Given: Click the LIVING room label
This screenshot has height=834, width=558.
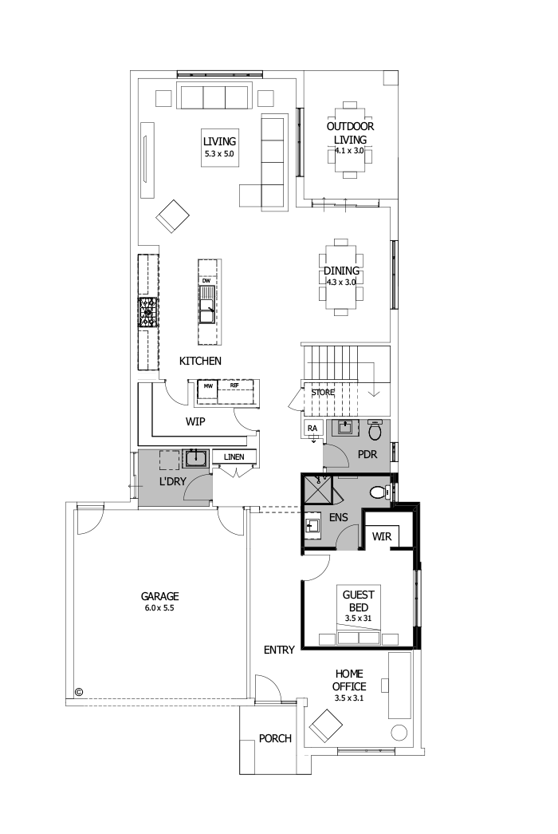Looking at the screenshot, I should point(219,141).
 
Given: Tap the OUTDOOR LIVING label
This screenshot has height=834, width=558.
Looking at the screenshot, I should point(350,132).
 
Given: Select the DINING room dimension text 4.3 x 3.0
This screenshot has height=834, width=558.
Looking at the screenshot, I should point(341,282).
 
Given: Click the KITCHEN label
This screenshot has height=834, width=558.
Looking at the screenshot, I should point(200,361).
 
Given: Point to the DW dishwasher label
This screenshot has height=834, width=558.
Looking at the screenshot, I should point(206,281).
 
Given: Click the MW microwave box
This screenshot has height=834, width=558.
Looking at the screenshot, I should point(208,385).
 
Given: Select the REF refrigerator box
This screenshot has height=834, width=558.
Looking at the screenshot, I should point(234,385).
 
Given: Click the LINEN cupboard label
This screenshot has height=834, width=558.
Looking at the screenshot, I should point(234,457).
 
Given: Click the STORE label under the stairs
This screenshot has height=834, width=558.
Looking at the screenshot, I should point(322,393).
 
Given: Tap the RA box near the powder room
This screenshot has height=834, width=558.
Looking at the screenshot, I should point(313,429).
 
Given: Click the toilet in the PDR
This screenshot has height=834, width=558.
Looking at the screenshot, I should point(375,432).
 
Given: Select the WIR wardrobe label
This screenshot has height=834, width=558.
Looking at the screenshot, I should point(382,536).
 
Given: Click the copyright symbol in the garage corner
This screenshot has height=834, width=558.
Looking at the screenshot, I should point(79,692).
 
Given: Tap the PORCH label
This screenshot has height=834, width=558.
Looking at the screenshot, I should point(275,738).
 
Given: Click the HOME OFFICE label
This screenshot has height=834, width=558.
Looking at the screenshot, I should point(350,680).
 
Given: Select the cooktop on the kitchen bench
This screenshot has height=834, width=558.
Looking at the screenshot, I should point(148,312).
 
